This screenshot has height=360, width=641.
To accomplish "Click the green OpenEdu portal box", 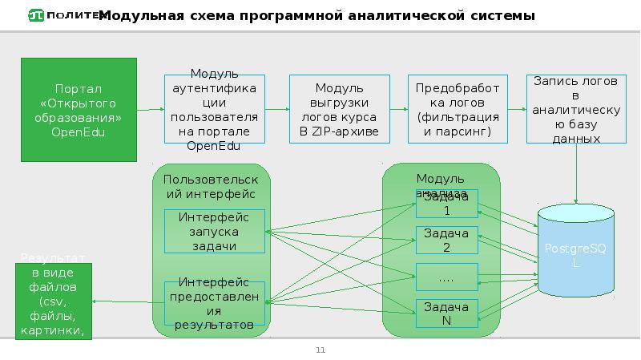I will pos(79,109).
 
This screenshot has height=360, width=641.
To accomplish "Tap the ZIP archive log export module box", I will pos(339,109).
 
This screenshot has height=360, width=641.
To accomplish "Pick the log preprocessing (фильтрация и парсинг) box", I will pos(457,109).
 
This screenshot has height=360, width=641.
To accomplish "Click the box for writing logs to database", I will pos(576,109).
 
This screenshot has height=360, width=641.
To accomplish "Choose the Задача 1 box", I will pos(446,204).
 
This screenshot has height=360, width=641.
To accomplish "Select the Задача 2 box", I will pos(446,240).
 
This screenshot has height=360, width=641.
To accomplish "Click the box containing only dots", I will pos(446,276).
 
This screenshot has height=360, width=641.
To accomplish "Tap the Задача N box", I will pos(446,313).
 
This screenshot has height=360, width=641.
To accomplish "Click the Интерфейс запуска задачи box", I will pos(213,231).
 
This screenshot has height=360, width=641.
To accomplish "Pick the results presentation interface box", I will pos(213,304).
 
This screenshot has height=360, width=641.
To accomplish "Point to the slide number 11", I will pos(320,350).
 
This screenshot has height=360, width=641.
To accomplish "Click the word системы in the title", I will pos(505,16).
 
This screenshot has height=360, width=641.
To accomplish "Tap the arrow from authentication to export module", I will pos(276,109).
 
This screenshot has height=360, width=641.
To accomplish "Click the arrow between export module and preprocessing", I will pos(398,109).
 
